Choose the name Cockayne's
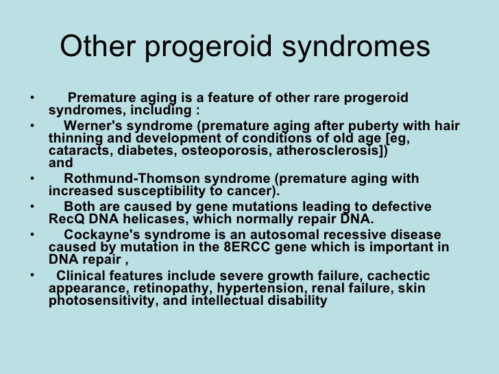tap(99, 235)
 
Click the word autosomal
tap(265, 235)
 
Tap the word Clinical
tap(82, 275)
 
